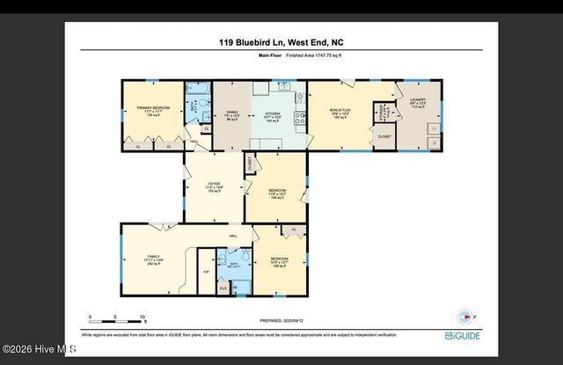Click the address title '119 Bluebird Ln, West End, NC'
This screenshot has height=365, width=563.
pos(281,41)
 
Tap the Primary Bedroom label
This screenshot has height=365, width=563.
pos(151,111)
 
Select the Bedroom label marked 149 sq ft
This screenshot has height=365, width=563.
pos(276,193)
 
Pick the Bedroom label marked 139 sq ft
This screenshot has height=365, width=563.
pos(278,261)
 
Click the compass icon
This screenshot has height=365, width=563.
pos(464,317)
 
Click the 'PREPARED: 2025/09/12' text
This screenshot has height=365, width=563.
pos(282,321)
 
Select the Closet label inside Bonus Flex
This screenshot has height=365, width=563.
pos(384,137)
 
